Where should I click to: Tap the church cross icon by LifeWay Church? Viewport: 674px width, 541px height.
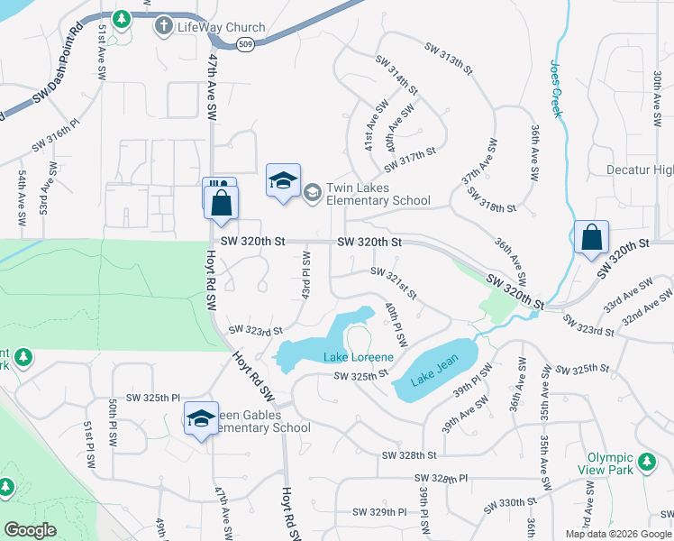[163, 25]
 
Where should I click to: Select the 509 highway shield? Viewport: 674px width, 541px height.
[245, 42]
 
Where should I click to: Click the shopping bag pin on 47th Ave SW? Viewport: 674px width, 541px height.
[221, 202]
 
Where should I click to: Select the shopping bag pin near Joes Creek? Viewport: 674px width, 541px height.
[591, 239]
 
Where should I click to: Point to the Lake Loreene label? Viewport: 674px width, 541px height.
[359, 357]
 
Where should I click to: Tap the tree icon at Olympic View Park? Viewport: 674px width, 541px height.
[646, 463]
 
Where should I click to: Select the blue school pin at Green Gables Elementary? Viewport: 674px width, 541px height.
[201, 417]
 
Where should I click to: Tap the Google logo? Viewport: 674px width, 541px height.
[30, 530]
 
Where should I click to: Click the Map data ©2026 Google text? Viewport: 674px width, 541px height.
[618, 534]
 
